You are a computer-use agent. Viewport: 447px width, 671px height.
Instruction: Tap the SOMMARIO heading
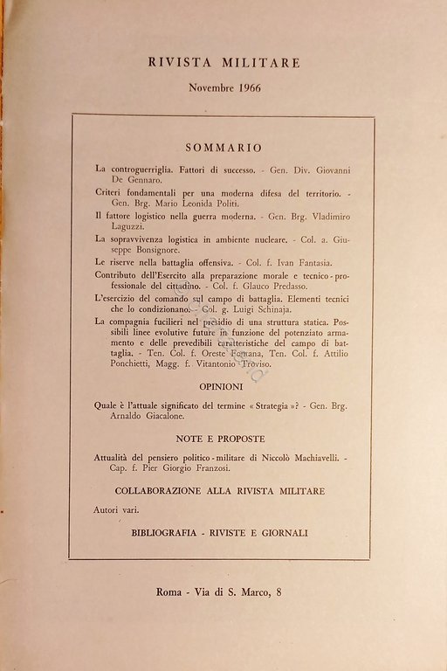(225, 148)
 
